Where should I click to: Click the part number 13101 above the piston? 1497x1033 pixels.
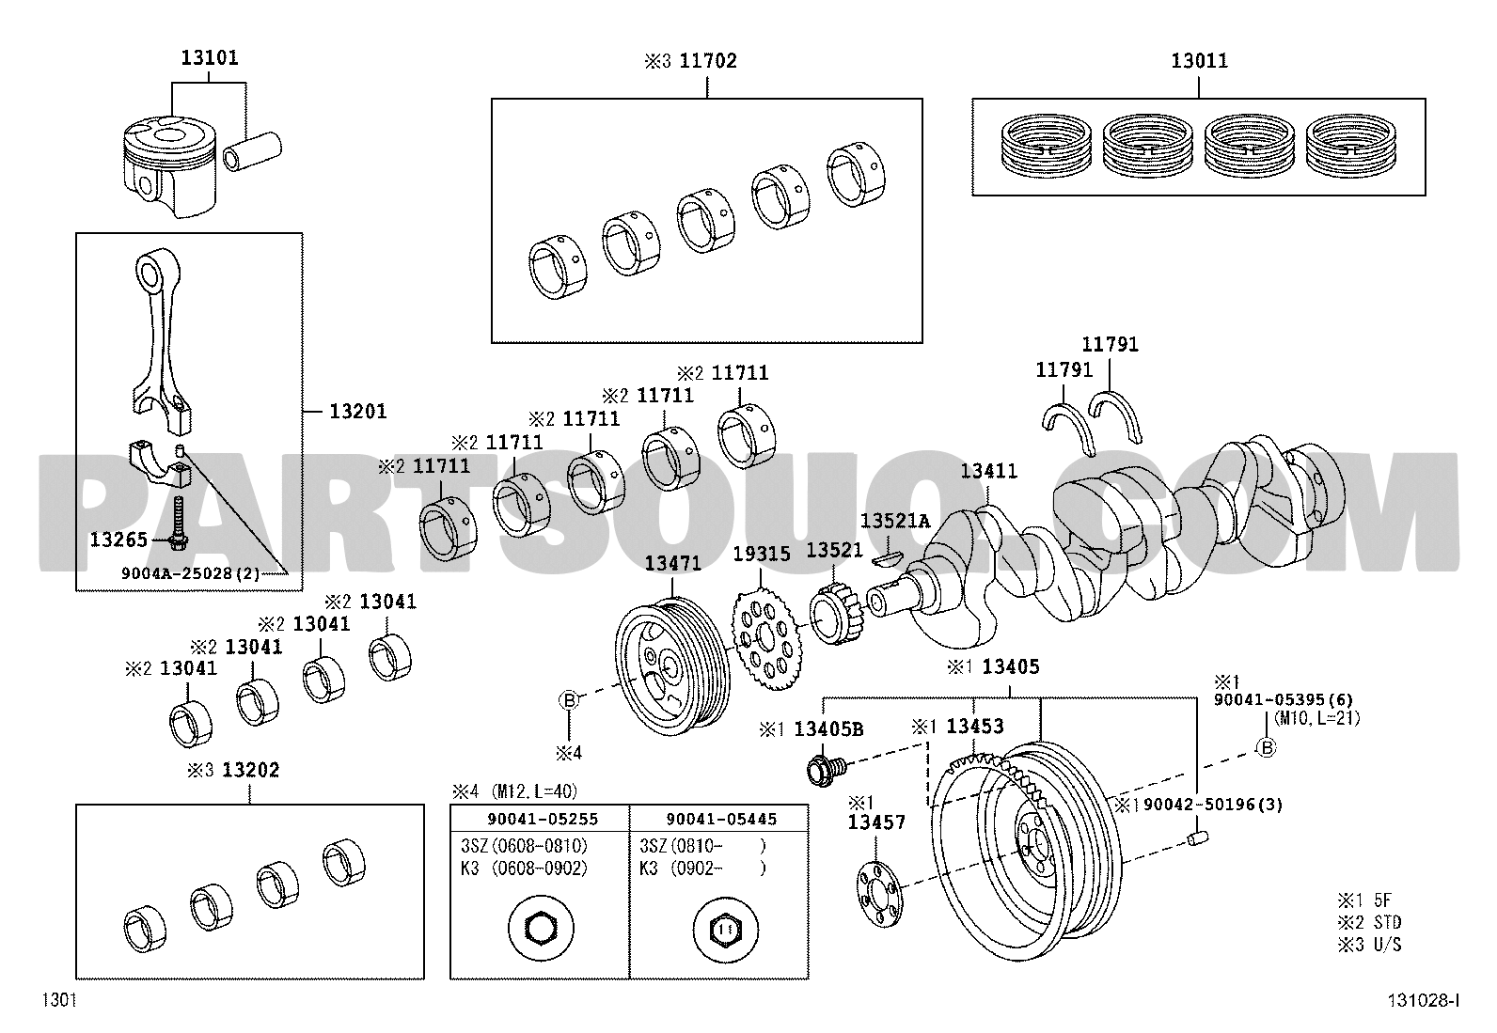[x=209, y=58]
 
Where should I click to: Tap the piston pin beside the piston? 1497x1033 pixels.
[x=252, y=151]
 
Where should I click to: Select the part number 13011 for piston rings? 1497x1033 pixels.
[x=1199, y=61]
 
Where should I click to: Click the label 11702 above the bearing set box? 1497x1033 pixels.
[x=708, y=61]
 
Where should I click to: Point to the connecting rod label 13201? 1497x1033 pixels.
[x=358, y=412]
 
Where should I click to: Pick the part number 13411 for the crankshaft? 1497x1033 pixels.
[x=988, y=471]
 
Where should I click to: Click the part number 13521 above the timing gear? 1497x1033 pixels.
[x=834, y=551]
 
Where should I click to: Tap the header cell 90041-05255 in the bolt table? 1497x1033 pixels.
[x=542, y=820]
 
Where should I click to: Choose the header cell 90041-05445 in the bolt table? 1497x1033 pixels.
[x=721, y=820]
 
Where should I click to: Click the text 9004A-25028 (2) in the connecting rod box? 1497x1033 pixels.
[x=191, y=573]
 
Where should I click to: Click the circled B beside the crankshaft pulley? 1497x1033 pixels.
[x=569, y=700]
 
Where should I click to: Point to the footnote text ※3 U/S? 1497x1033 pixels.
[x=1369, y=945]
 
